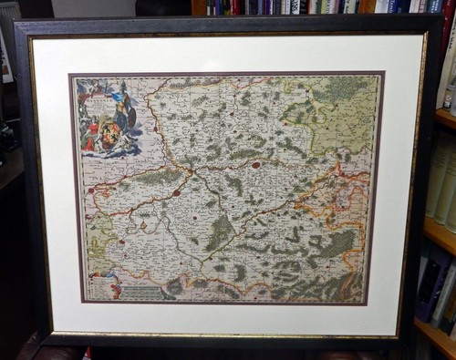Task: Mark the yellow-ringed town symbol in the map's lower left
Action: [120, 242]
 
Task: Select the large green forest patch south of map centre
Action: [219, 232]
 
